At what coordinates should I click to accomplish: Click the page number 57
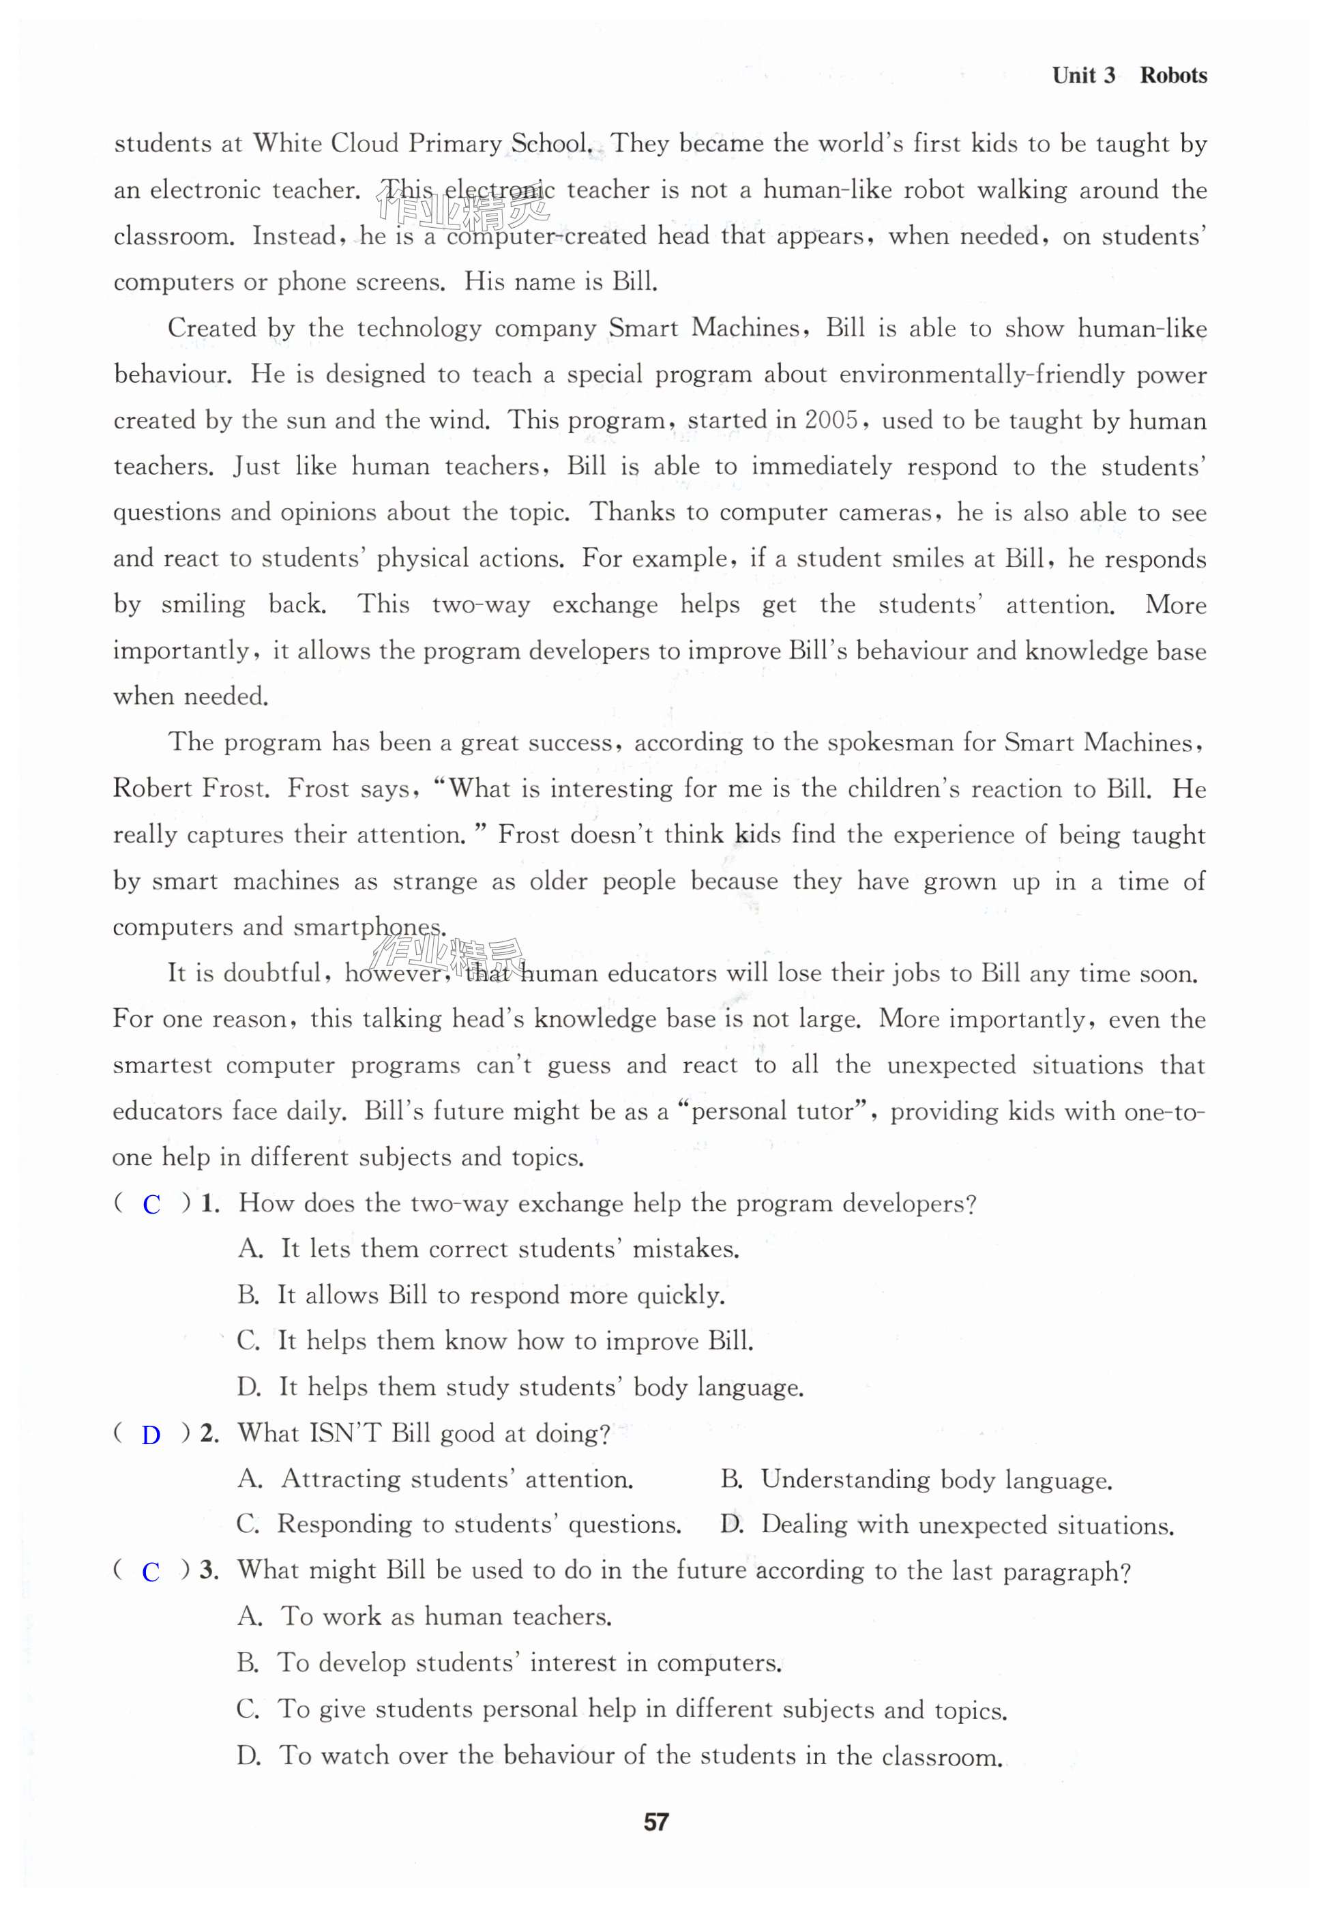pyautogui.click(x=655, y=1822)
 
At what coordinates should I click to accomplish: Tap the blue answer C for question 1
pyautogui.click(x=151, y=1205)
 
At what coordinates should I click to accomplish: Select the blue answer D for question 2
pyautogui.click(x=150, y=1435)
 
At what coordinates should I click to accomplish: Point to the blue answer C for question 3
pyautogui.click(x=150, y=1572)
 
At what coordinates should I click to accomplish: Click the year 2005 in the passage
pyautogui.click(x=831, y=420)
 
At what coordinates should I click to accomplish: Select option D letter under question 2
pyautogui.click(x=731, y=1525)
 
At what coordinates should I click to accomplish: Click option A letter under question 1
pyautogui.click(x=250, y=1248)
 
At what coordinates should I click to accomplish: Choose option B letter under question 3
pyautogui.click(x=248, y=1662)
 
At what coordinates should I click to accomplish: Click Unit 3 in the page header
pyautogui.click(x=1083, y=76)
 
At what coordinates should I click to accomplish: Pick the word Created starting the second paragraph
pyautogui.click(x=211, y=328)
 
